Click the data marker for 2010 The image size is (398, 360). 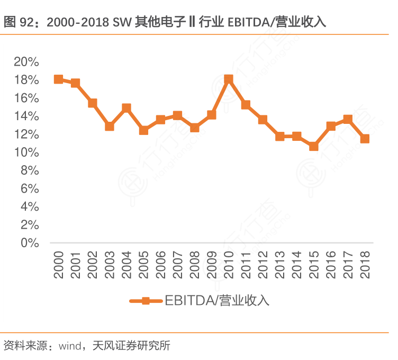(x=229, y=79)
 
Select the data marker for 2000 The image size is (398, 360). (x=58, y=79)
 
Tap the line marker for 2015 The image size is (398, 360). (x=314, y=146)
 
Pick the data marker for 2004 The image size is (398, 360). (x=126, y=108)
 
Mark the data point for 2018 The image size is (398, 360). (x=365, y=139)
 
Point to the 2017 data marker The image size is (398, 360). (x=348, y=120)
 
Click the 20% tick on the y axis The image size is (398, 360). (x=26, y=62)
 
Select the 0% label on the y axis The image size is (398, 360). (x=30, y=243)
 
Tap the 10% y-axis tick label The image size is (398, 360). (x=26, y=152)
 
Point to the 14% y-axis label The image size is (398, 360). (x=26, y=116)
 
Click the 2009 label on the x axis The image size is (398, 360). (x=211, y=265)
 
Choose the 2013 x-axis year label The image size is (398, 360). (x=279, y=265)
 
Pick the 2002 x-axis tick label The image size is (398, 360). (x=92, y=265)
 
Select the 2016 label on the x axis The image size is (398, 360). (x=331, y=265)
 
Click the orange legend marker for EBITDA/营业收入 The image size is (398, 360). (x=146, y=301)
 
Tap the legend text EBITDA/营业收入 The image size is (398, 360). (x=217, y=301)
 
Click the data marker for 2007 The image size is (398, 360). (x=177, y=116)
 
